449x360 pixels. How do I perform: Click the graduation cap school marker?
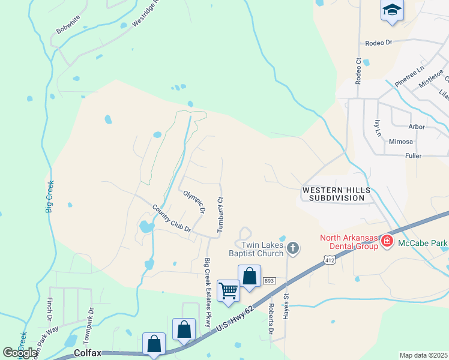[392, 10]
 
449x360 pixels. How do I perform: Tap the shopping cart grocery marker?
[228, 290]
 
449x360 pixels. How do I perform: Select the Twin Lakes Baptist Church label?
[262, 249]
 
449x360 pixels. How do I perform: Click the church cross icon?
[292, 248]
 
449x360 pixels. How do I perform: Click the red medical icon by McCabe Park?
[387, 242]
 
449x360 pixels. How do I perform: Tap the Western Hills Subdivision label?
[334, 194]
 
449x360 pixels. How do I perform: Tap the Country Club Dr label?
[171, 219]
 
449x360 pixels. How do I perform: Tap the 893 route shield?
[268, 281]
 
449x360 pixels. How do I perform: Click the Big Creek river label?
[50, 197]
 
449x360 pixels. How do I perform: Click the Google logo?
[20, 353]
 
